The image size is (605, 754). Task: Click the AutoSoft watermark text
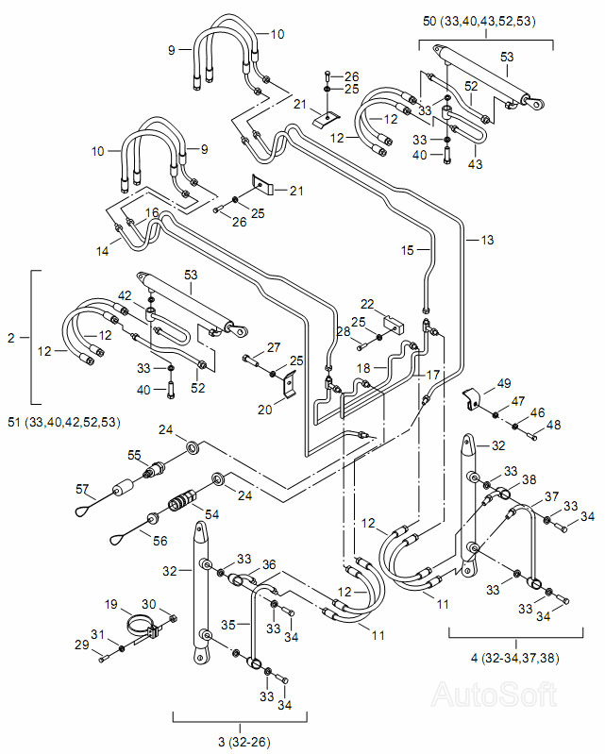pos(495,695)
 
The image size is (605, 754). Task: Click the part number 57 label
pos(82,489)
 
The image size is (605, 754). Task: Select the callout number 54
pos(211,514)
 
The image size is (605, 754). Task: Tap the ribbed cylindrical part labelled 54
pos(182,499)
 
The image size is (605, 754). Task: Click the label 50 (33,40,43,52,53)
pos(479,21)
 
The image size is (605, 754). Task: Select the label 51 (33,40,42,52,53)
pos(64,422)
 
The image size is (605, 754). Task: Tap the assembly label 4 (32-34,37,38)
pos(514,658)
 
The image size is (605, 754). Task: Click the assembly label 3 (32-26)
pos(244,742)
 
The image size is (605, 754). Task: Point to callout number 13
pos(487,240)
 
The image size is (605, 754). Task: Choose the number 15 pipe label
pos(408,250)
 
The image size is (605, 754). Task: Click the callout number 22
pos(367,304)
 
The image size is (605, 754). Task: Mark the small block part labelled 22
pos(394,323)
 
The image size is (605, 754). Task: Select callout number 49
pos(504,383)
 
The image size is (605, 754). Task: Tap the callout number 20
pos(264,410)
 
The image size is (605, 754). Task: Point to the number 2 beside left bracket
pos(11,338)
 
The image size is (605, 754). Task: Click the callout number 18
pos(363,368)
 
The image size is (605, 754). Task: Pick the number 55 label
pos(134,455)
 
